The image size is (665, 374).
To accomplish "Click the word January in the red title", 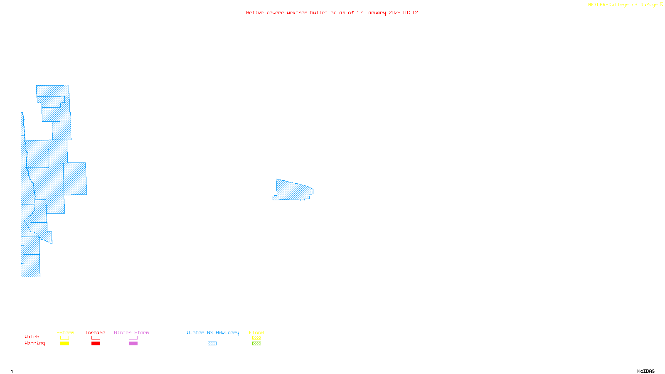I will point(375,13).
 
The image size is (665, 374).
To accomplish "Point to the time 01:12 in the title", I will point(410,13).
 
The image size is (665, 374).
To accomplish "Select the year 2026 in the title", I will point(394,13).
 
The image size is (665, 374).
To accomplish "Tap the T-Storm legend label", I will point(64,332).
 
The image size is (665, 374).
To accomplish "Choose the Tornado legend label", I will point(95,332).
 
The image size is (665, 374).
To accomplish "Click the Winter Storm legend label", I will point(131,332).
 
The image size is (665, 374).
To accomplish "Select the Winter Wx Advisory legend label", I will point(213,332).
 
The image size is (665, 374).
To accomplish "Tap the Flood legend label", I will point(256,332).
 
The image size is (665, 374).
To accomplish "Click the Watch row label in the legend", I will point(32,337).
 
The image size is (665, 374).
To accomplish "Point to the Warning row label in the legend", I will point(35,343).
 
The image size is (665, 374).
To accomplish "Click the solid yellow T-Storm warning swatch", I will point(64,344).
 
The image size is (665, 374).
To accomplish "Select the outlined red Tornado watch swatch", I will point(96,338).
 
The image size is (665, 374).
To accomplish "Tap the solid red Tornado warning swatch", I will point(96,344).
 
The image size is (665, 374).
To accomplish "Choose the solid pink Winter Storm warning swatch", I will point(133,344).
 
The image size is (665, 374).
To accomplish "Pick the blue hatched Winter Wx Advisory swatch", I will point(212,344).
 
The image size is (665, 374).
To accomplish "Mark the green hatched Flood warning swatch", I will point(256,344).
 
